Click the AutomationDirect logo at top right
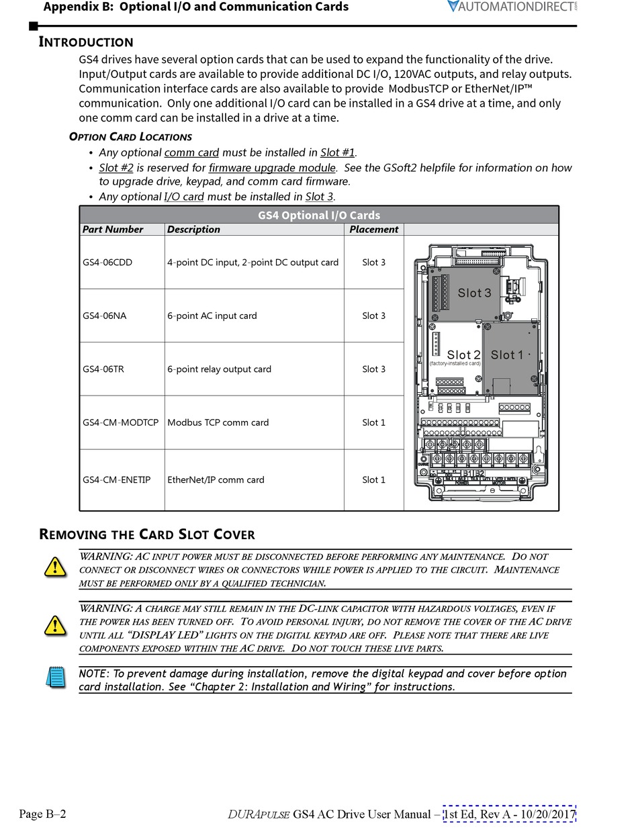[512, 7]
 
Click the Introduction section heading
[86, 42]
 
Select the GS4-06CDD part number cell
[107, 263]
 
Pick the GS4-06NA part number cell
[104, 316]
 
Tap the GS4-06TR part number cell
[103, 369]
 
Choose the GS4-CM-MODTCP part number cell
[120, 422]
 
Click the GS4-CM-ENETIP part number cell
[117, 480]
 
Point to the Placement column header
[373, 230]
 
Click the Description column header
[193, 230]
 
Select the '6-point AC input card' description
[212, 316]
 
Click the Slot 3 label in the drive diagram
[474, 293]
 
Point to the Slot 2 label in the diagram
[463, 355]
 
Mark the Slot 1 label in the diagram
[507, 355]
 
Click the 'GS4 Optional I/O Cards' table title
[319, 216]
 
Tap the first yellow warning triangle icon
[55, 567]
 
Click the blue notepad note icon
[56, 676]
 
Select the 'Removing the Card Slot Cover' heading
[147, 535]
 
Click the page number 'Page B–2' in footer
[42, 814]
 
